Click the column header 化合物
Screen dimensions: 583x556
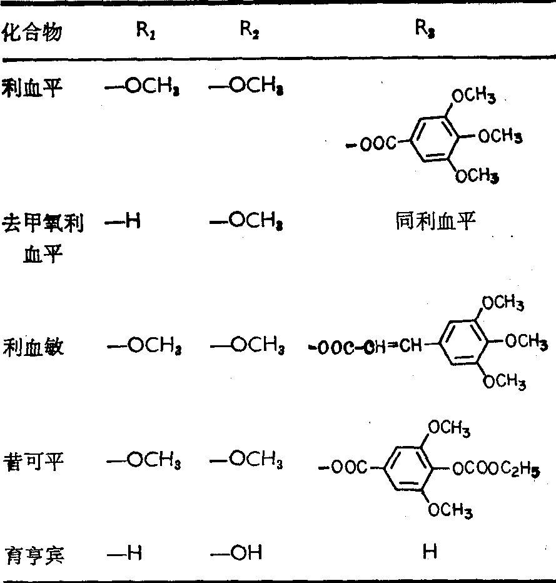[33, 33]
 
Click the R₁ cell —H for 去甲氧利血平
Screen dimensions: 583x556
[123, 221]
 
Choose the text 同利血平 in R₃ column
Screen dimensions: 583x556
[428, 221]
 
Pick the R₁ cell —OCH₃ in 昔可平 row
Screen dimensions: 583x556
[143, 463]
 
